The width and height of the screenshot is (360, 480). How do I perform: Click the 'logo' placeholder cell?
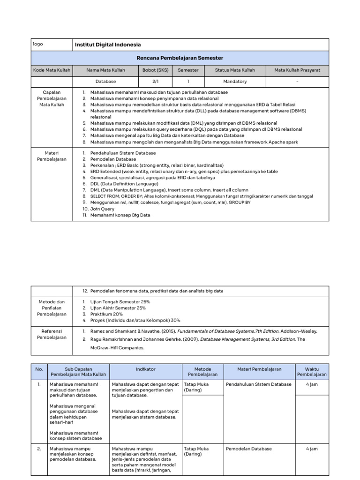click(x=38, y=44)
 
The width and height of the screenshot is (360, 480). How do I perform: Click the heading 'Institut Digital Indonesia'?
click(x=108, y=45)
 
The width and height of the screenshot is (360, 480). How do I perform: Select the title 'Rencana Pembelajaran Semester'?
click(x=180, y=58)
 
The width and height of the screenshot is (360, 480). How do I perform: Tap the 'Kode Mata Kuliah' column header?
click(x=52, y=70)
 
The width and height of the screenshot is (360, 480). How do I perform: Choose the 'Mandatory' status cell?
click(x=235, y=81)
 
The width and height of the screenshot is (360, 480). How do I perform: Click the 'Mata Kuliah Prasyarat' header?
click(x=297, y=70)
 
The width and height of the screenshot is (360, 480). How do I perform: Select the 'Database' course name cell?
click(x=105, y=81)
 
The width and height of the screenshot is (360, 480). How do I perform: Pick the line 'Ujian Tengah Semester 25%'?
click(x=118, y=302)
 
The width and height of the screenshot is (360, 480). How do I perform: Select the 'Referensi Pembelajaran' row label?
click(x=52, y=334)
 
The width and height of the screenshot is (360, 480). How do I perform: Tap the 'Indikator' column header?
click(x=146, y=369)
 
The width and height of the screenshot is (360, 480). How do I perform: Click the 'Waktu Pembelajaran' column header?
click(x=312, y=372)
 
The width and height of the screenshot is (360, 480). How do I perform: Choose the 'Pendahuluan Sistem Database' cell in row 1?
click(x=258, y=384)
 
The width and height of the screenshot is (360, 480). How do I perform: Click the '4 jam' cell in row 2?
click(x=312, y=449)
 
